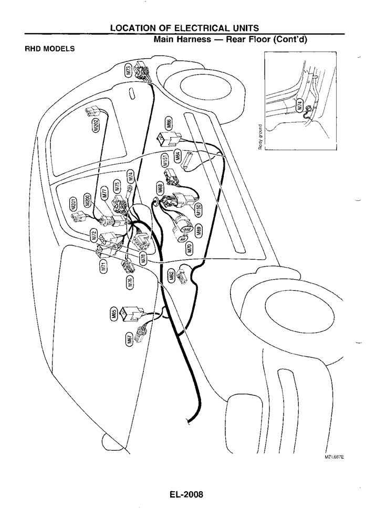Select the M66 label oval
click(x=169, y=124)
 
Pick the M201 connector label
click(x=74, y=205)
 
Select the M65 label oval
click(x=113, y=314)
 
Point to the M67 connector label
click(x=130, y=340)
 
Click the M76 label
click(x=130, y=283)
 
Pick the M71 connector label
click(x=103, y=267)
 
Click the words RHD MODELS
click(x=50, y=49)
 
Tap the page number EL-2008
click(x=187, y=494)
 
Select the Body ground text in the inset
click(x=260, y=136)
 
